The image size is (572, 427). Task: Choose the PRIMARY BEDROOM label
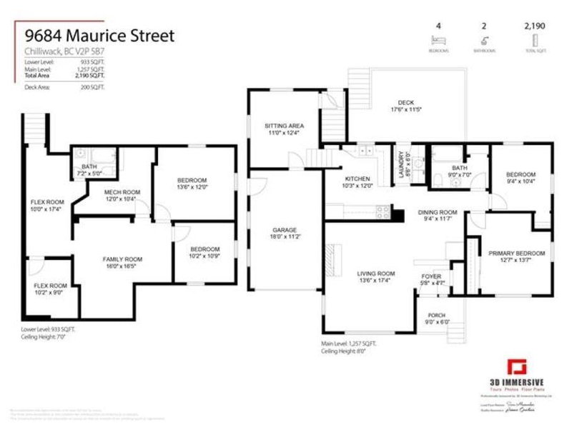517,253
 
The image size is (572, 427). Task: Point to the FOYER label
431,276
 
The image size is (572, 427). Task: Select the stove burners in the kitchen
383,211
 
